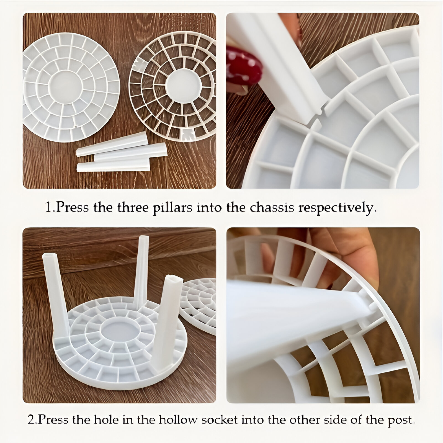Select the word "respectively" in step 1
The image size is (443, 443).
pos(337,208)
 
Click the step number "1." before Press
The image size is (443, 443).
pos(50,208)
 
